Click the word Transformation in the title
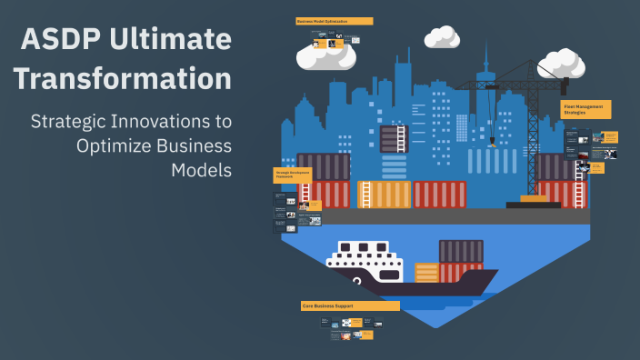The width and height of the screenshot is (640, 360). [x=122, y=79]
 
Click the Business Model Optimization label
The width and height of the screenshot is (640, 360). [x=335, y=21]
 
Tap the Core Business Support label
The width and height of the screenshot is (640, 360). [x=350, y=305]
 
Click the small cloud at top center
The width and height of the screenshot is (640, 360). [x=442, y=37]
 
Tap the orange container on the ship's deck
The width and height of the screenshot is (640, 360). [x=426, y=272]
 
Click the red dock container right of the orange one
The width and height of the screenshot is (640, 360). [x=440, y=195]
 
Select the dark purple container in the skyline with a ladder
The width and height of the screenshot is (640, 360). [x=393, y=138]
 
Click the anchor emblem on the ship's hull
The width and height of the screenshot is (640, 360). [x=357, y=282]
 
